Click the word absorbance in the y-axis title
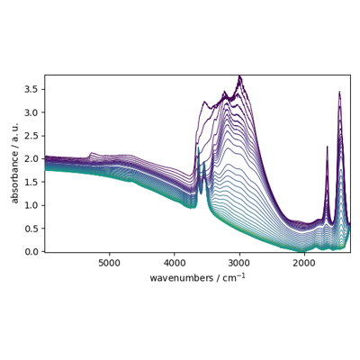14,177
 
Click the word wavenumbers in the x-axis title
182,278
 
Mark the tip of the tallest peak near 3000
239,76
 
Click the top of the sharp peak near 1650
328,147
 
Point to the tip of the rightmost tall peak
339,92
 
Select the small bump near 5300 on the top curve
91,153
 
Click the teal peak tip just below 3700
198,147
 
